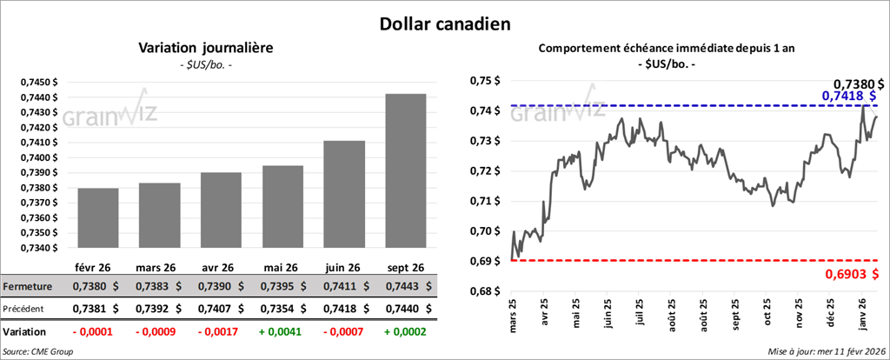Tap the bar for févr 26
pyautogui.click(x=98, y=217)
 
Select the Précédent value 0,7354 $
pyautogui.click(x=278, y=308)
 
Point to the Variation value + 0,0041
pyautogui.click(x=279, y=332)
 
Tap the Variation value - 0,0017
pyautogui.click(x=218, y=332)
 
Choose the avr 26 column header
pyautogui.click(x=217, y=267)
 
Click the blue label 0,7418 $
pyautogui.click(x=850, y=95)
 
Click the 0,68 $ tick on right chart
pyautogui.click(x=484, y=291)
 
